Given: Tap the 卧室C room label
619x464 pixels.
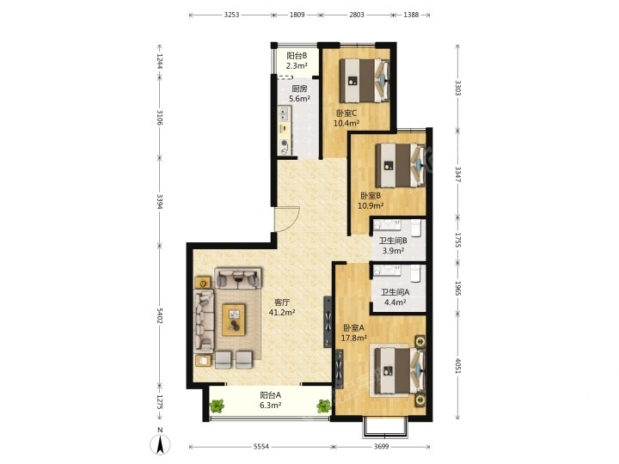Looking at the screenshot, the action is click(346, 113).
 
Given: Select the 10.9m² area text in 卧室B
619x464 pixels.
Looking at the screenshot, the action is click(371, 205).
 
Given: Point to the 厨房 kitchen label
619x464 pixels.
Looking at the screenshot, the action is click(299, 89).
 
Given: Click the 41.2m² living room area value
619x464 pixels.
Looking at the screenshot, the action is click(282, 313).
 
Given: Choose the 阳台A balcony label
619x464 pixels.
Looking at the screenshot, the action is click(271, 394).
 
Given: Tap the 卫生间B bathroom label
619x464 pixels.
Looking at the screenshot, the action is click(393, 241).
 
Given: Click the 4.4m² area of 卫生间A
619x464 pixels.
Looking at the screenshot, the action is click(395, 302).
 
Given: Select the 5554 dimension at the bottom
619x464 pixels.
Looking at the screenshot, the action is click(261, 447).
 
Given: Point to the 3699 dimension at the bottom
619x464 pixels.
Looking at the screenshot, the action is click(382, 447).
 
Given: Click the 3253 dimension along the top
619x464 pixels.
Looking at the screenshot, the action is click(232, 15).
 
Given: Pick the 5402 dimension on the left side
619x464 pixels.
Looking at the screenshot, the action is click(160, 315).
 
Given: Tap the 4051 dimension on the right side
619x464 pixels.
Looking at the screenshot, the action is click(458, 366).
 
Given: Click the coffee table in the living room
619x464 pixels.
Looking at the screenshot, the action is click(234, 320).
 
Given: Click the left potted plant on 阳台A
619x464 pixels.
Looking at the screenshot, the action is click(217, 406).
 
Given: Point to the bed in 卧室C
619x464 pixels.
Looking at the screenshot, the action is click(365, 81).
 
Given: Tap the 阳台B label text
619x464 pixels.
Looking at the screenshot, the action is click(297, 56).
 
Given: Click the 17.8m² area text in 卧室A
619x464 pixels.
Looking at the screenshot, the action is click(354, 338).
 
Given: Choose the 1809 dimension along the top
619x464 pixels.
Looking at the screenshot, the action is click(297, 15).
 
